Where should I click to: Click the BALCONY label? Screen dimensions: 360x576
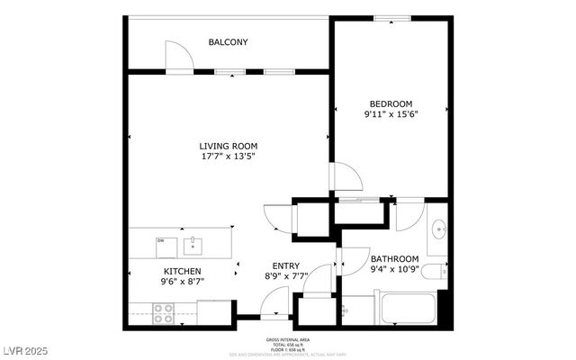pyautogui.click(x=228, y=42)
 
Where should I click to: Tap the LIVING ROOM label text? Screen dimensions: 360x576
pyautogui.click(x=229, y=146)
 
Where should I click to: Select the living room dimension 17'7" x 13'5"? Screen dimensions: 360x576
pyautogui.click(x=229, y=157)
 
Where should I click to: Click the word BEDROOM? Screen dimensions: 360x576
pyautogui.click(x=391, y=103)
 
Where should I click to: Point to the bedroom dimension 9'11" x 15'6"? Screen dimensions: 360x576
pyautogui.click(x=391, y=114)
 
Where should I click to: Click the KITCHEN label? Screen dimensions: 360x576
pyautogui.click(x=181, y=271)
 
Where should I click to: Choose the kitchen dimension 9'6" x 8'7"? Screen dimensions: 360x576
pyautogui.click(x=181, y=282)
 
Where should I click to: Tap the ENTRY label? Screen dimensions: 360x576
pyautogui.click(x=285, y=265)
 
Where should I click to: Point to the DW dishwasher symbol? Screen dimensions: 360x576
pyautogui.click(x=160, y=240)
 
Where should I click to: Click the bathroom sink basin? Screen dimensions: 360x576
pyautogui.click(x=439, y=229)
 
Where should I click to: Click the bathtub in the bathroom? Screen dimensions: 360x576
pyautogui.click(x=409, y=310)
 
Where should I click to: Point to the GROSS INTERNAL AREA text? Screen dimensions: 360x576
pyautogui.click(x=287, y=339)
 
